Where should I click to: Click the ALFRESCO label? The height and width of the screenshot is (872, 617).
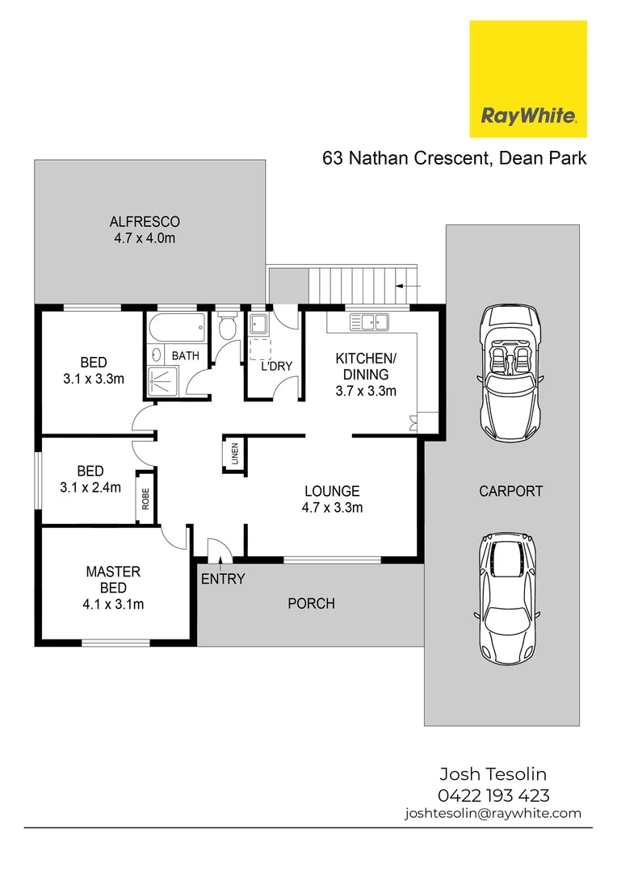(x=145, y=221)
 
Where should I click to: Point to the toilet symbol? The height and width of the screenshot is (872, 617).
(x=227, y=328)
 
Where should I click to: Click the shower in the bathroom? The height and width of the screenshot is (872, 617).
(x=160, y=379)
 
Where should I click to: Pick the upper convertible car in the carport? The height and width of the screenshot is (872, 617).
(x=510, y=372)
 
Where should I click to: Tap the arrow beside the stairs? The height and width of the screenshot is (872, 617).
(x=409, y=286)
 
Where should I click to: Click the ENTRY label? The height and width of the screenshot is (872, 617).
(x=222, y=579)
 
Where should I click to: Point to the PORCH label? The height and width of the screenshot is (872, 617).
(x=311, y=603)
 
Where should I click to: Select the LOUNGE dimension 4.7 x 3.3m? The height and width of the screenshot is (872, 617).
(x=332, y=508)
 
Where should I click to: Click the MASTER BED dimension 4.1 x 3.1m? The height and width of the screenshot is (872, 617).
(x=113, y=603)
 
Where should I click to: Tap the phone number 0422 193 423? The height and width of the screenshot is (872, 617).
(x=493, y=795)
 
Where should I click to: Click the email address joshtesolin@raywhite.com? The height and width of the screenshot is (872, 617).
(x=493, y=813)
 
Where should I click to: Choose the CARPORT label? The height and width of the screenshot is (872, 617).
(x=510, y=490)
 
